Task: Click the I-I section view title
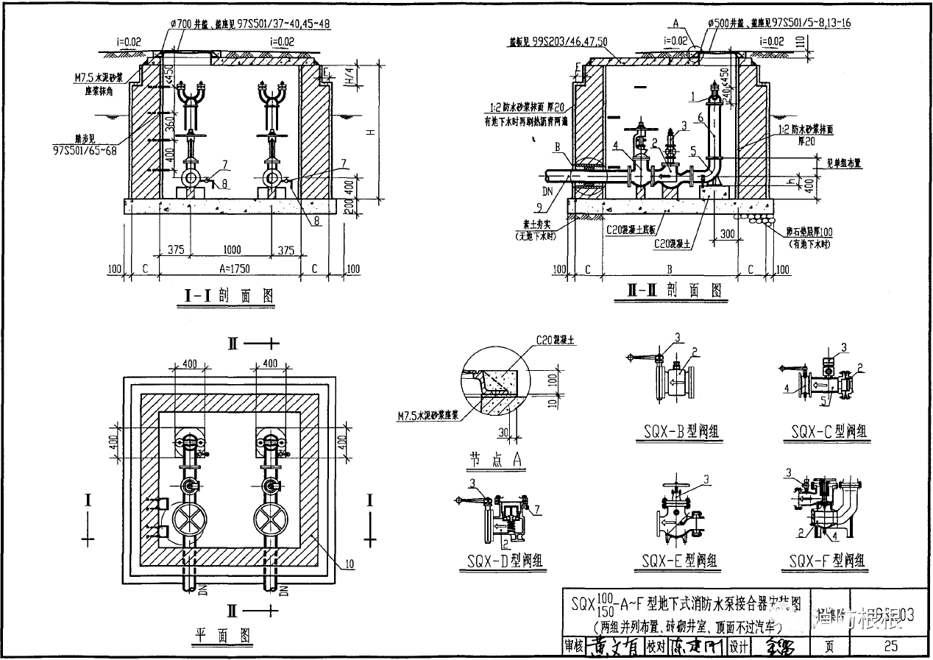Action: tap(228, 296)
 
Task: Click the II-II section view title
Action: tap(670, 291)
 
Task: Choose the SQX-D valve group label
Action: tap(505, 561)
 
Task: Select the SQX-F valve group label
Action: tap(828, 561)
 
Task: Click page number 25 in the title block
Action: tap(891, 646)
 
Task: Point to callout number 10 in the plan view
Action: tap(348, 564)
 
